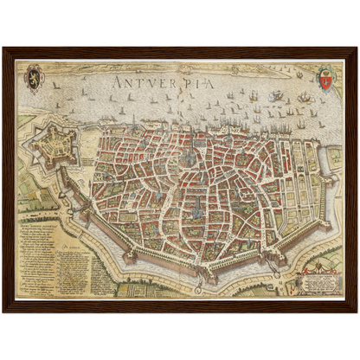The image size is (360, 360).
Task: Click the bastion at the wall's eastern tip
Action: click(x=334, y=177)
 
